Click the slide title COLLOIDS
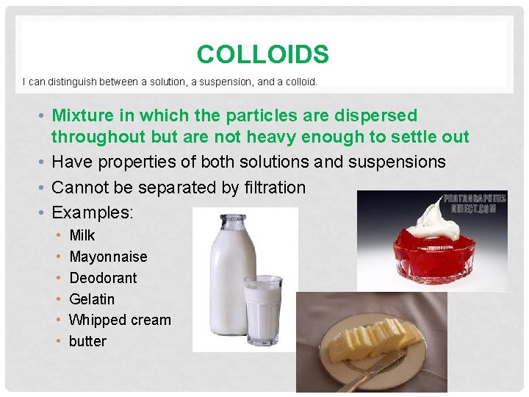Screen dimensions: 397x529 pyautogui.click(x=263, y=54)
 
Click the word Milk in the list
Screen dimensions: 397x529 pyautogui.click(x=82, y=235)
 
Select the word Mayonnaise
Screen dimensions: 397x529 pyautogui.click(x=108, y=257)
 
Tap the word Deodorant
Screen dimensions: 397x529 pyautogui.click(x=103, y=278)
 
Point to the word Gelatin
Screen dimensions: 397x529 pyautogui.click(x=92, y=299)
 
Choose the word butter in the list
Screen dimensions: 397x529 pyautogui.click(x=87, y=341)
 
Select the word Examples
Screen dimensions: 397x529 pyautogui.click(x=91, y=212)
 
